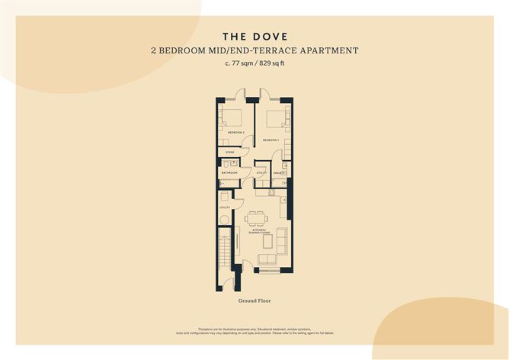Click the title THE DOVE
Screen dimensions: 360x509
[x=254, y=36]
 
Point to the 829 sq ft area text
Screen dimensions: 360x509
[x=273, y=64]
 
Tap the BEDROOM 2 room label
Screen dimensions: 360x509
[x=235, y=133]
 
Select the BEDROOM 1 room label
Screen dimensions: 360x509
[x=271, y=140]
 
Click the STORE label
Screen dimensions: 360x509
[x=229, y=153]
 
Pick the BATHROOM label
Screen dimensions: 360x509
[x=229, y=173]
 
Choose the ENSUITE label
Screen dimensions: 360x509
[x=280, y=173]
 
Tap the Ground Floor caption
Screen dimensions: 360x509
[x=254, y=301]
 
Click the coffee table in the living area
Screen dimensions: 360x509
[x=267, y=243]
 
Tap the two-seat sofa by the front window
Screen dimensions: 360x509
[x=267, y=259]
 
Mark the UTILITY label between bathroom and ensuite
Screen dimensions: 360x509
[x=261, y=173]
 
